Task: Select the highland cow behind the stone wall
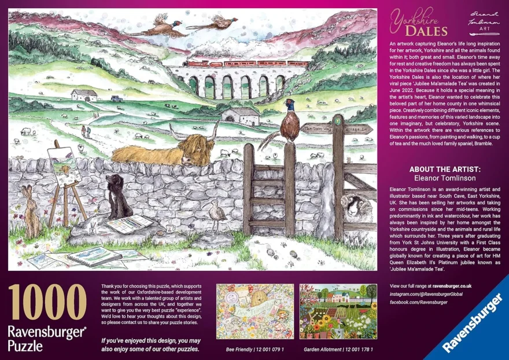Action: pos(165,149)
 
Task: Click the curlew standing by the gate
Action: pos(218,215)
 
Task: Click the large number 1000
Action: pos(47,303)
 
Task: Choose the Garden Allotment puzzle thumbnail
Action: pos(338,311)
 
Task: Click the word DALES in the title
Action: pos(426,31)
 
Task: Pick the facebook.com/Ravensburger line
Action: pos(419,302)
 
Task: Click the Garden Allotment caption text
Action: pos(338,350)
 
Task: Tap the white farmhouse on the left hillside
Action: pos(84,95)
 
